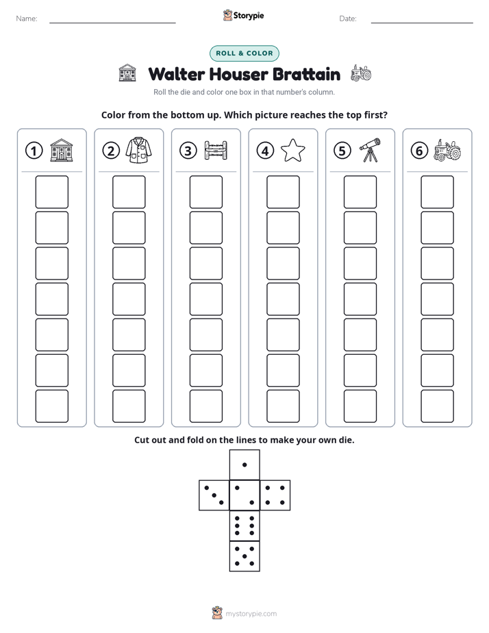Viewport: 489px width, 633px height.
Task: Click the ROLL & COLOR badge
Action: (244, 53)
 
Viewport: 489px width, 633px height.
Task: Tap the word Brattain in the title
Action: (306, 74)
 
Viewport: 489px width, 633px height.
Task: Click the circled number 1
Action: (34, 151)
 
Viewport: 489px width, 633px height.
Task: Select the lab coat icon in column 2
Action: (138, 150)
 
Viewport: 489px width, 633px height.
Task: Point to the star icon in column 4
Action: (292, 150)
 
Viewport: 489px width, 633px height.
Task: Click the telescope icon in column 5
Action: (370, 150)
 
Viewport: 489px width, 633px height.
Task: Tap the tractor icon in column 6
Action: (447, 151)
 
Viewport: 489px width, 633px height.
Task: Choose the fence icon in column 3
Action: (216, 151)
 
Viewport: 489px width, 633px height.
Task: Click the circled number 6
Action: (419, 151)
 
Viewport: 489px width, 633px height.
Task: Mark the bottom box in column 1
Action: (51, 406)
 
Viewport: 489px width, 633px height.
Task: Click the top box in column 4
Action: (283, 192)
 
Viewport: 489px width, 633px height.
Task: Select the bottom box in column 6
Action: (437, 406)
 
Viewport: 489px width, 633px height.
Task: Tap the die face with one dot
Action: (244, 465)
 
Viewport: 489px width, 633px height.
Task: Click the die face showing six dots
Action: (244, 525)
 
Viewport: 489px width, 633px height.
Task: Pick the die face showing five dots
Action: (244, 556)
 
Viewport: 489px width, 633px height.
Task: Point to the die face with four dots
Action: (275, 495)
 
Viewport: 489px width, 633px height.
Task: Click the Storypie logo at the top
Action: (243, 15)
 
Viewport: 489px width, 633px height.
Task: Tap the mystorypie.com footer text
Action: (251, 614)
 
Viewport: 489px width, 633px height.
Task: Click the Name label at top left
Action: (27, 18)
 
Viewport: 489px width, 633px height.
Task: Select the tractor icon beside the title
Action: (361, 73)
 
